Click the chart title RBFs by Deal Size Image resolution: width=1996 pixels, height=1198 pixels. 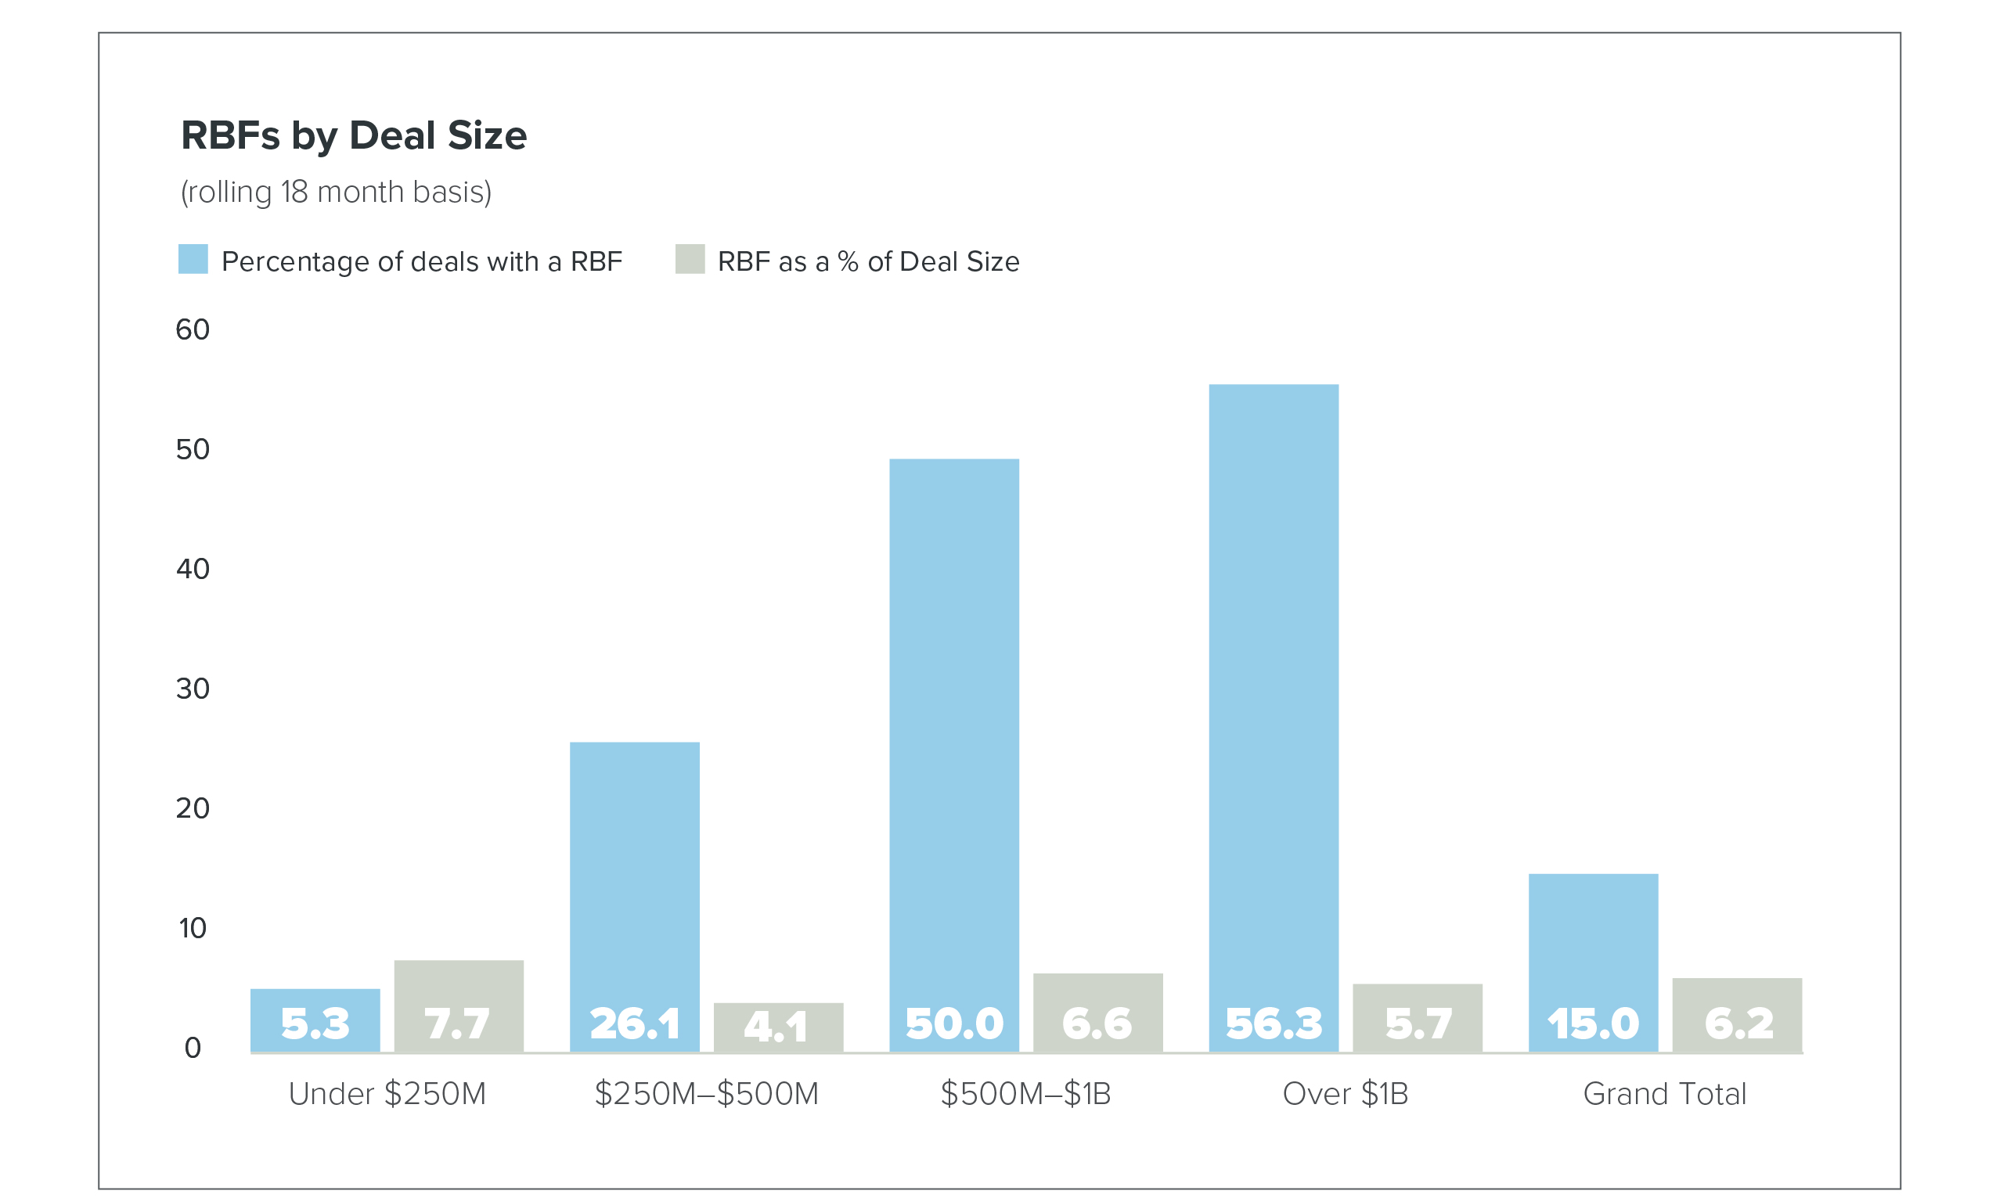pos(354,135)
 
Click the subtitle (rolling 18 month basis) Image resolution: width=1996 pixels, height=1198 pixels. pos(336,192)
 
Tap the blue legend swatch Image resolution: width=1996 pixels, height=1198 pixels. pos(193,259)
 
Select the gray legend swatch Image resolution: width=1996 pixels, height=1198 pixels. pos(690,259)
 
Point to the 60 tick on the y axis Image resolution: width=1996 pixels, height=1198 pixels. pos(193,329)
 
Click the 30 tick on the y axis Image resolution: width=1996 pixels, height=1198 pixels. pos(193,689)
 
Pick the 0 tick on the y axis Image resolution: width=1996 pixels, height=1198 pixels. pos(193,1048)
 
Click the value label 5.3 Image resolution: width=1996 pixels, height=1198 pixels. pos(315,1024)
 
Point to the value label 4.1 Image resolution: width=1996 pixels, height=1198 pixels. pos(775,1026)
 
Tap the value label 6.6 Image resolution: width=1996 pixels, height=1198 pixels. pos(1097,1024)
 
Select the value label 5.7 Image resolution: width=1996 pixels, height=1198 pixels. pos(1418,1024)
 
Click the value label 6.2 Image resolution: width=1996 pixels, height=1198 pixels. pos(1738,1024)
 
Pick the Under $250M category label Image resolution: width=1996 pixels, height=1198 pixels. pos(387,1094)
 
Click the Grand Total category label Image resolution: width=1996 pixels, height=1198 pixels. pos(1664,1094)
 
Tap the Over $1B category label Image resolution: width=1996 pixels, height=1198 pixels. pos(1346,1094)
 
